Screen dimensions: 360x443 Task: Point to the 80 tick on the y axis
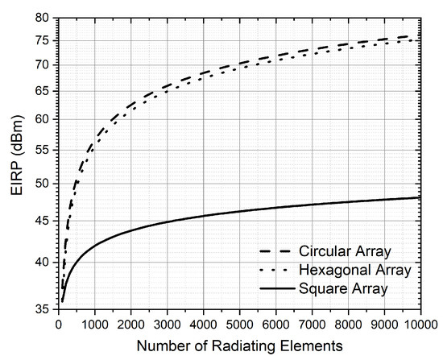coord(43,17)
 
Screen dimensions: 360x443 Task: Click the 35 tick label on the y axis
coord(43,308)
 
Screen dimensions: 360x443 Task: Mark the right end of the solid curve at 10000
coord(420,197)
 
